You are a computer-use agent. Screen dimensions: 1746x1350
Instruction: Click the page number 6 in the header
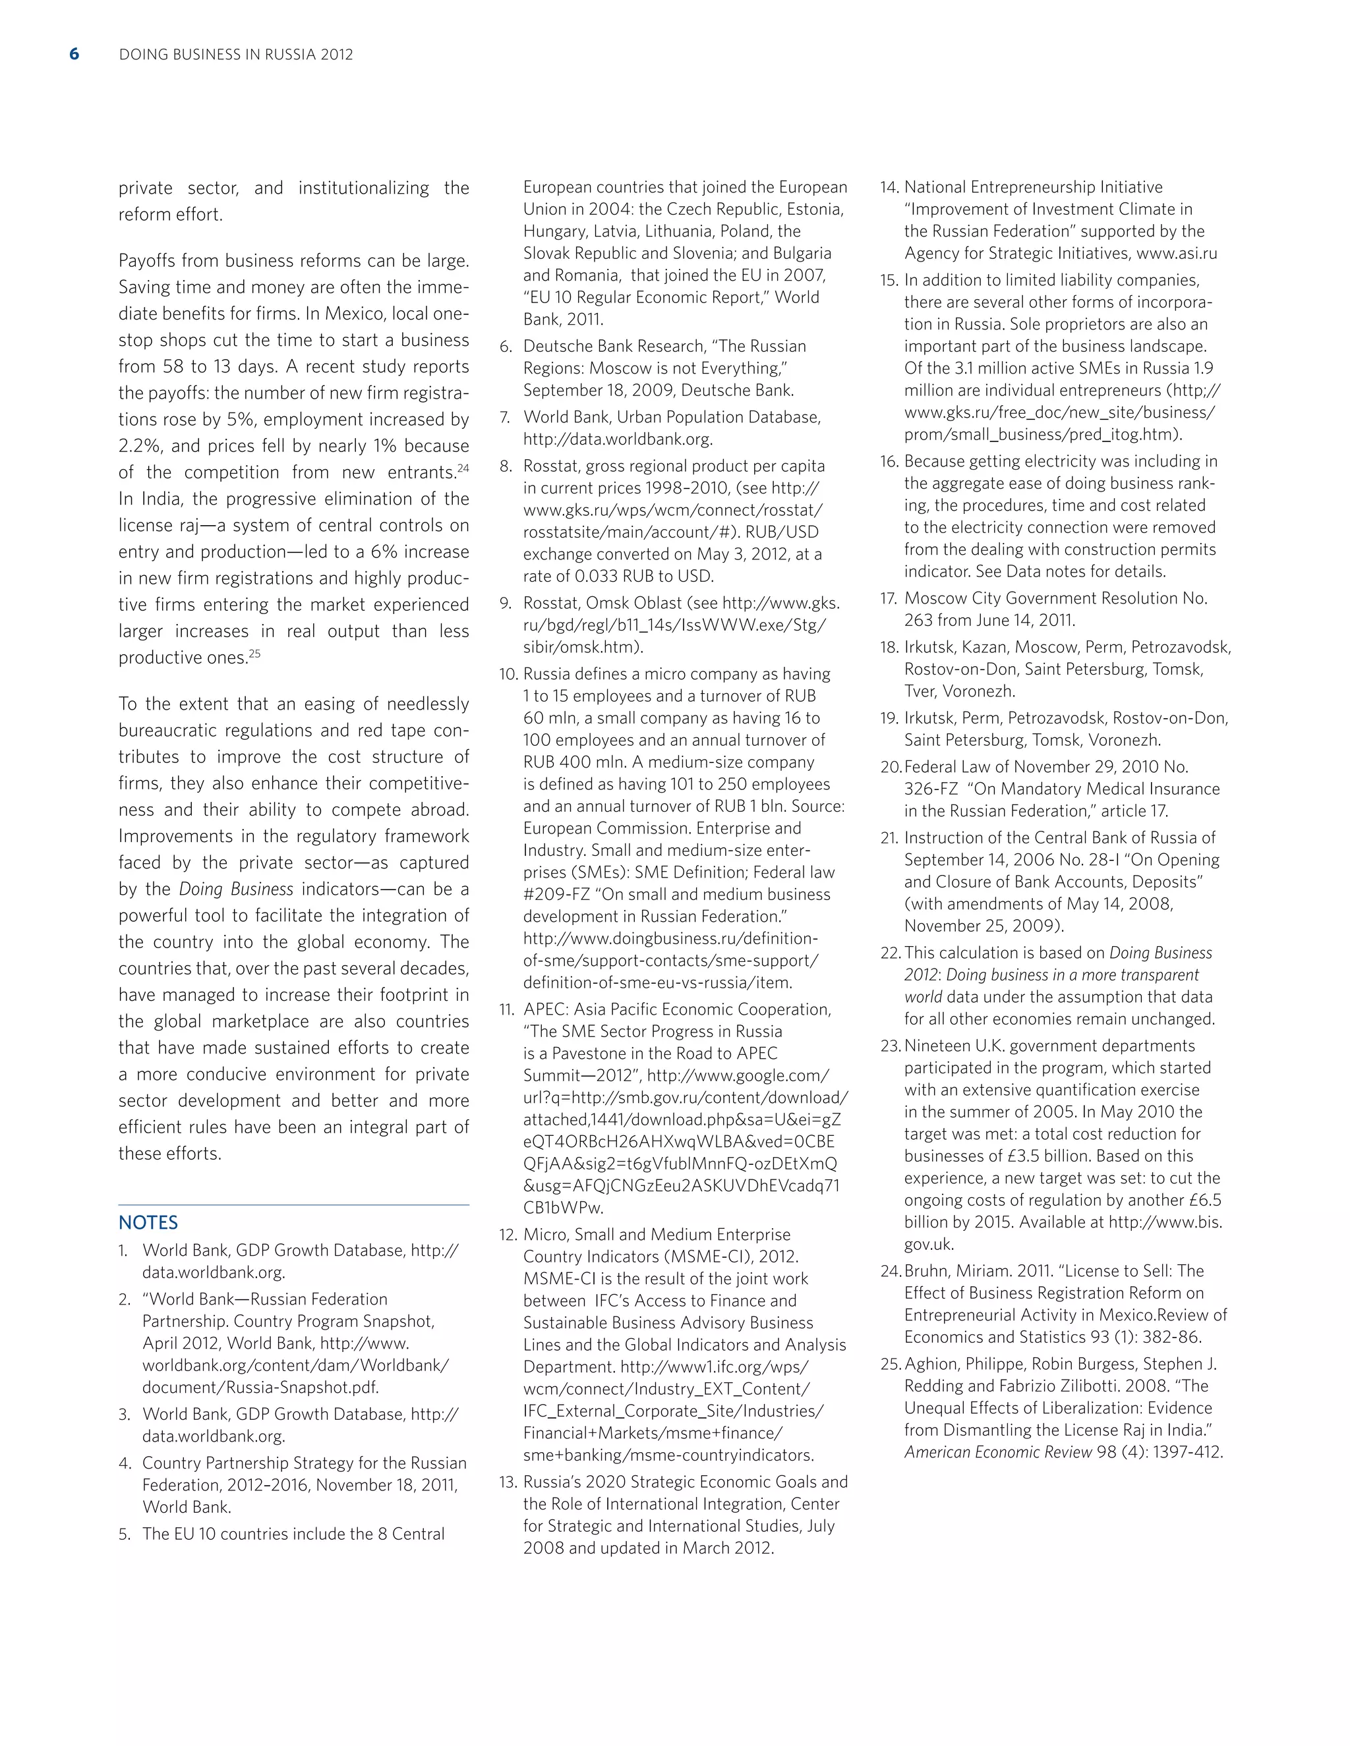pos(74,55)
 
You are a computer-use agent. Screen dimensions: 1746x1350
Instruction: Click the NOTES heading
pos(148,1222)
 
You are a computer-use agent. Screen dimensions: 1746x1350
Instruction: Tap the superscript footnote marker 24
pos(463,468)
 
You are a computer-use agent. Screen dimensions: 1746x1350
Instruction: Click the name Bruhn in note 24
pos(929,1271)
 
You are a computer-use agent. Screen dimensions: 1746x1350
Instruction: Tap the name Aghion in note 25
pos(931,1364)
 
